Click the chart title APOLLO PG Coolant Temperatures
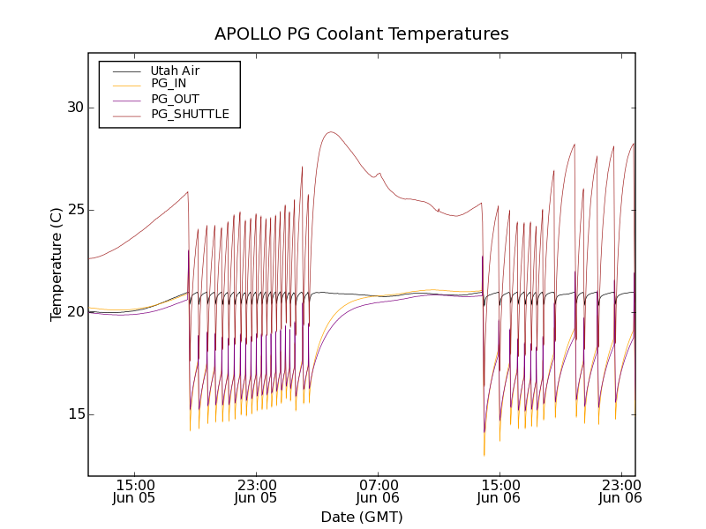click(x=362, y=34)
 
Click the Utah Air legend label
click(x=175, y=71)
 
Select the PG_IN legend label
click(x=169, y=84)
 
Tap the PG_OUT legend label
click(x=175, y=99)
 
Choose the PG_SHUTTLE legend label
click(x=190, y=114)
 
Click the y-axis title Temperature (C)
click(x=56, y=264)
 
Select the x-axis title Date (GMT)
click(x=362, y=517)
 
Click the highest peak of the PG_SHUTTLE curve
click(x=330, y=132)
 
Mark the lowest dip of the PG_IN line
click(x=484, y=455)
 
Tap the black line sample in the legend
click(x=125, y=71)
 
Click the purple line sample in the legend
click(x=125, y=99)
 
